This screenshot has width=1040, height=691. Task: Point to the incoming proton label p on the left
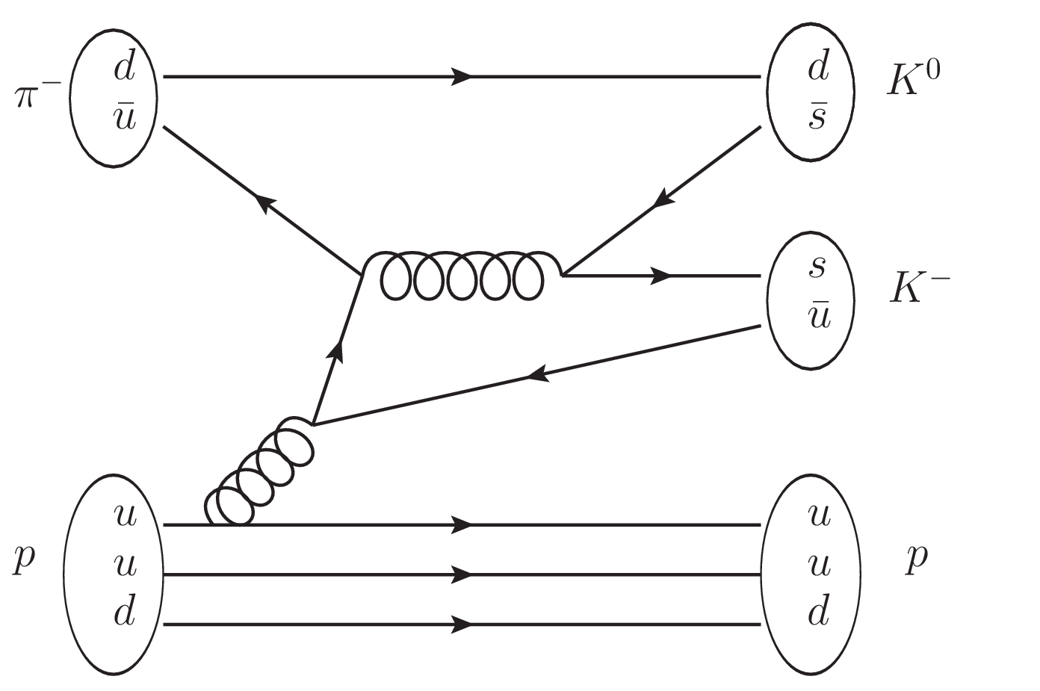tap(24, 560)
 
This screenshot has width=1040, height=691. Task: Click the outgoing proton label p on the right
tap(917, 560)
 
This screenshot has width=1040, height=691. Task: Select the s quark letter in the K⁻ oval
tap(817, 268)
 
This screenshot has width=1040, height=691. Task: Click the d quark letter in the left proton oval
tap(125, 613)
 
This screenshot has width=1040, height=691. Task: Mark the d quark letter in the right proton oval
tap(819, 613)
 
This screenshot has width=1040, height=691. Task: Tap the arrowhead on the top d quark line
tap(462, 77)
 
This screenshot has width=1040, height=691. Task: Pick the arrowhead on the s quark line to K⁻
tap(660, 276)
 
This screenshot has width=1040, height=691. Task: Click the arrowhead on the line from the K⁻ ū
tap(539, 374)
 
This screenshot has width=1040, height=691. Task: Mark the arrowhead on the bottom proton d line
tap(462, 625)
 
